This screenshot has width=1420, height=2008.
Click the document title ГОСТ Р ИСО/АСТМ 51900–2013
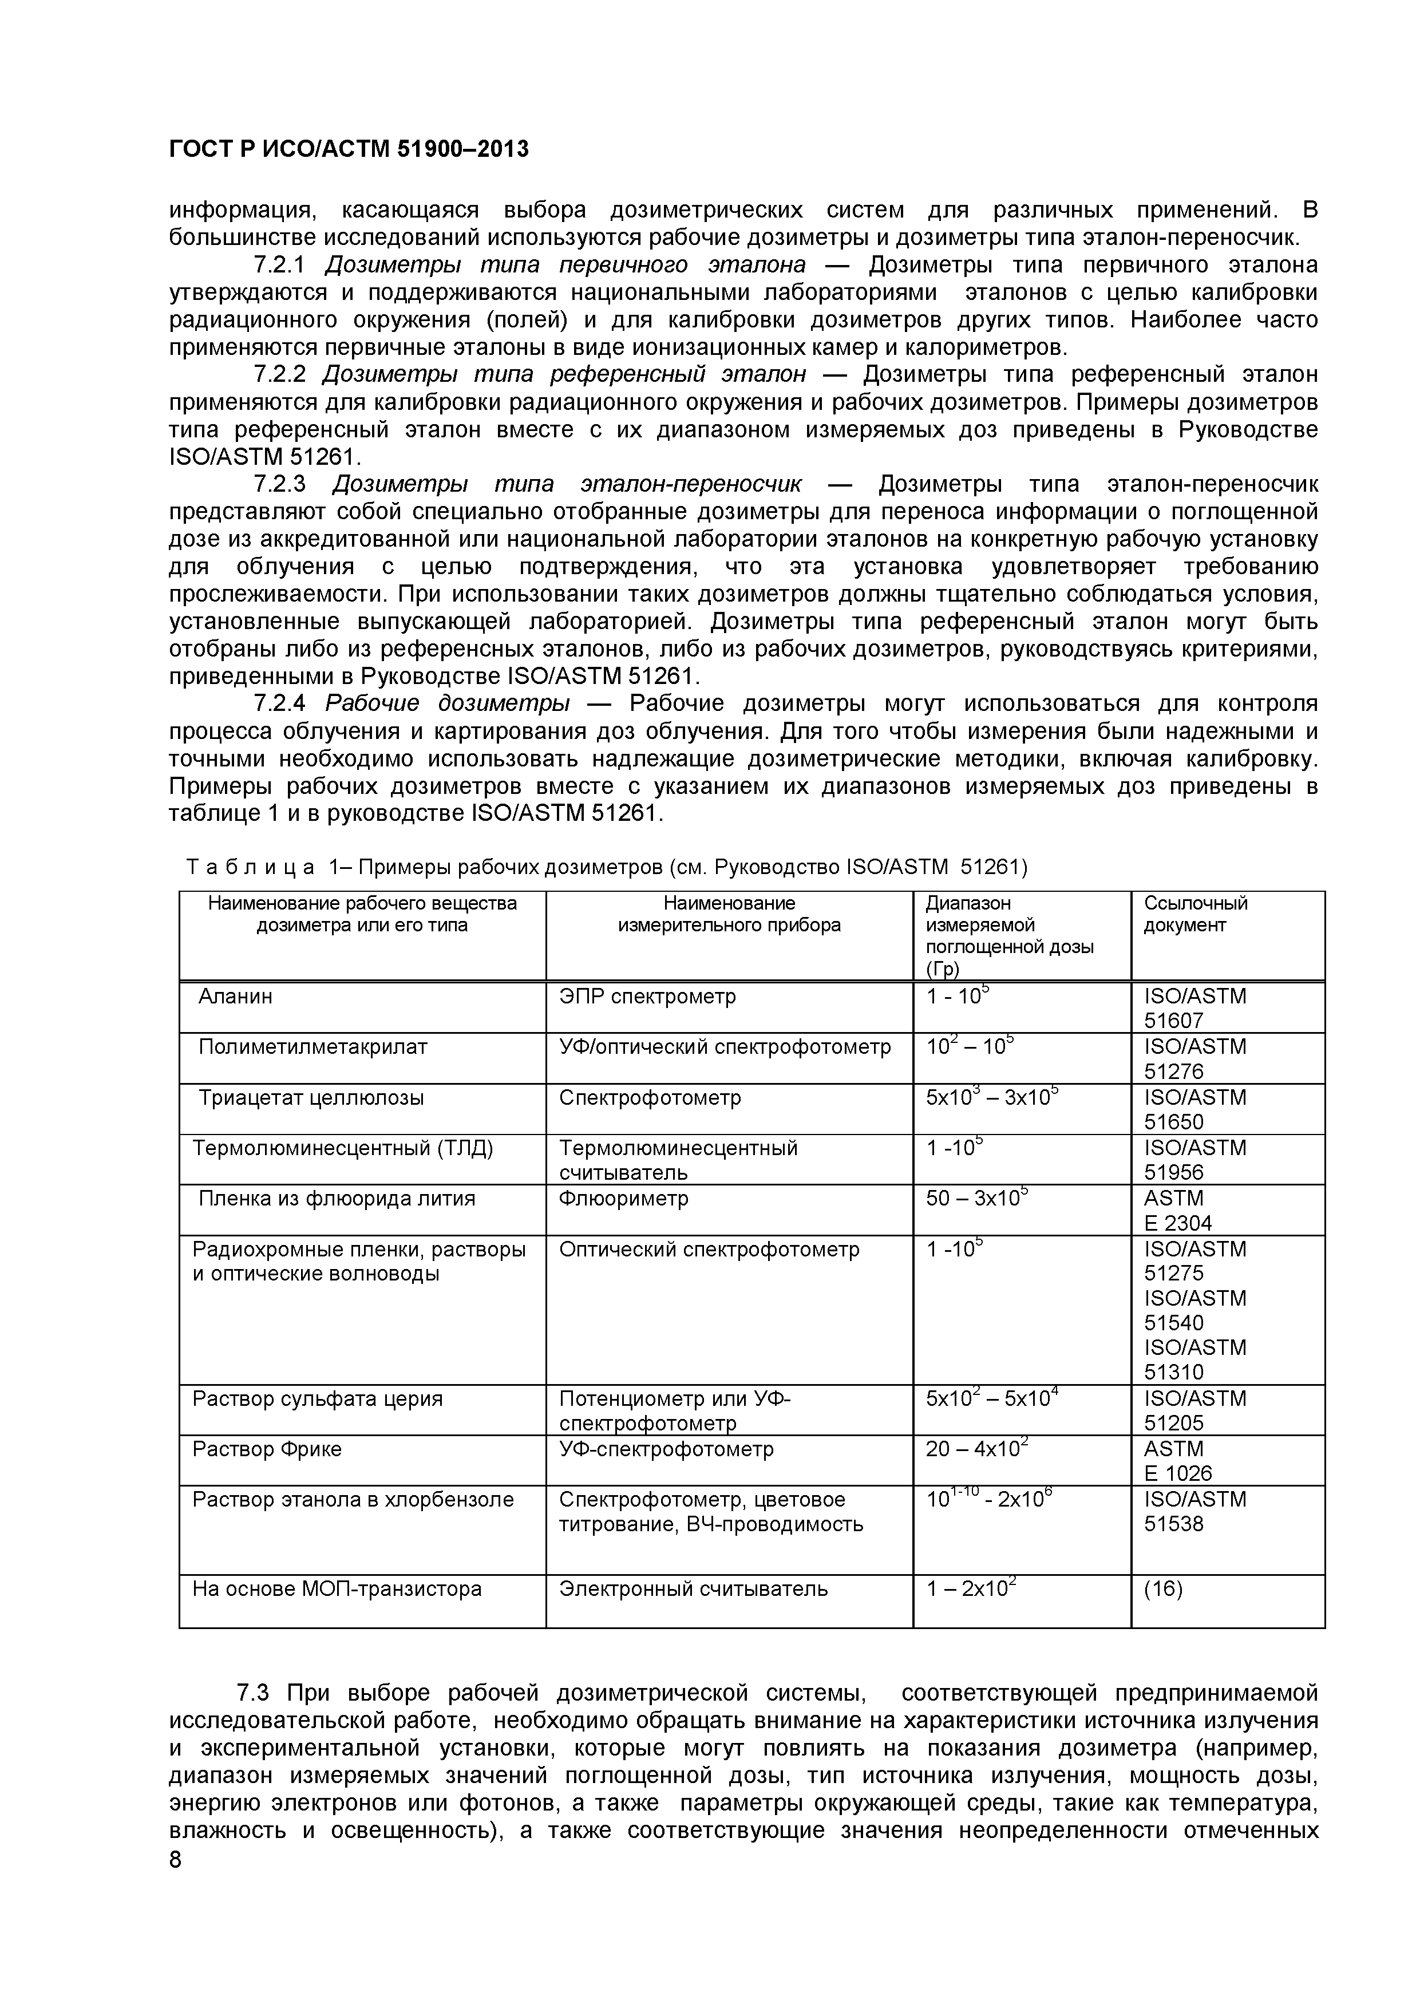pyautogui.click(x=348, y=149)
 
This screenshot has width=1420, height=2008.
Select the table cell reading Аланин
pyautogui.click(x=235, y=996)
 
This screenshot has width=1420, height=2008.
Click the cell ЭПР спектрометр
pyautogui.click(x=647, y=996)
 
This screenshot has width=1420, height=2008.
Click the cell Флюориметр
pyautogui.click(x=623, y=1198)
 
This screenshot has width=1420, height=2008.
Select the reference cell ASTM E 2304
pyautogui.click(x=1177, y=1211)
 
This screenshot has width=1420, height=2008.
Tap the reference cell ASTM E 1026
pyautogui.click(x=1177, y=1461)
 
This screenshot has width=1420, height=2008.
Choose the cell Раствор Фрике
pyautogui.click(x=267, y=1449)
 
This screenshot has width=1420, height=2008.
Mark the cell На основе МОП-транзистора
pyautogui.click(x=337, y=1588)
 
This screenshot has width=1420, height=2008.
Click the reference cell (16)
pyautogui.click(x=1163, y=1588)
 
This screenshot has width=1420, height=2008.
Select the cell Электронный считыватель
pyautogui.click(x=693, y=1588)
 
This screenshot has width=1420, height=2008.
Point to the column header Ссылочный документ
pyautogui.click(x=1194, y=914)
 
